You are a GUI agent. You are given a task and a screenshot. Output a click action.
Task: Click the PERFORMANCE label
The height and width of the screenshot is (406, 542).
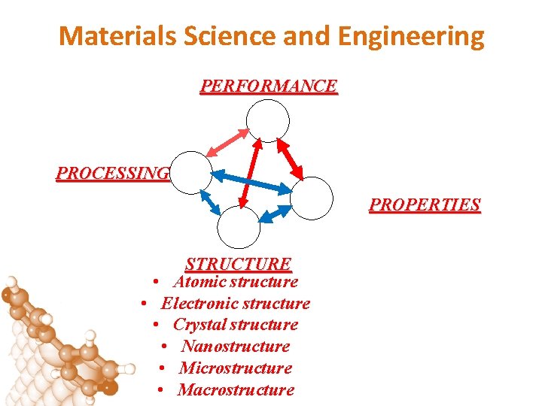click(269, 86)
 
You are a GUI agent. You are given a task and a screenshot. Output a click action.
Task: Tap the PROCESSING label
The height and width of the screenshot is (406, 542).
click(112, 173)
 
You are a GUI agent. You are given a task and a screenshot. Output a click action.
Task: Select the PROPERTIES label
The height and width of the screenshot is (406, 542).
click(425, 205)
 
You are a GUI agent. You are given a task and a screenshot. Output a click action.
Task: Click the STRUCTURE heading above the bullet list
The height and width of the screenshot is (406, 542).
click(238, 264)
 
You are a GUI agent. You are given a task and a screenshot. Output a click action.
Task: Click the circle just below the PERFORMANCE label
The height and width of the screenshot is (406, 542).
click(269, 120)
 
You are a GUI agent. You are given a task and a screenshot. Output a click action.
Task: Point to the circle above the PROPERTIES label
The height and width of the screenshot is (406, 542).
click(311, 198)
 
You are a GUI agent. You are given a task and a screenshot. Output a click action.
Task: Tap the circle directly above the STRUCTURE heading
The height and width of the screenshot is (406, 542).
click(239, 226)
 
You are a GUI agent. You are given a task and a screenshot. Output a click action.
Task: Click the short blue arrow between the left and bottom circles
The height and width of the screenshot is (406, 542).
click(210, 203)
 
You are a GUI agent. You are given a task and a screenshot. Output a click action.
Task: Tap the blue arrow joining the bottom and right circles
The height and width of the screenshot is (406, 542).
click(274, 214)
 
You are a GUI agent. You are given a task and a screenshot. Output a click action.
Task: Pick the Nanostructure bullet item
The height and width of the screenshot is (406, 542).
click(235, 347)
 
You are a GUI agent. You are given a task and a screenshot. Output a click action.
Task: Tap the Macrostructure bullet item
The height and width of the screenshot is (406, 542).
click(236, 390)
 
